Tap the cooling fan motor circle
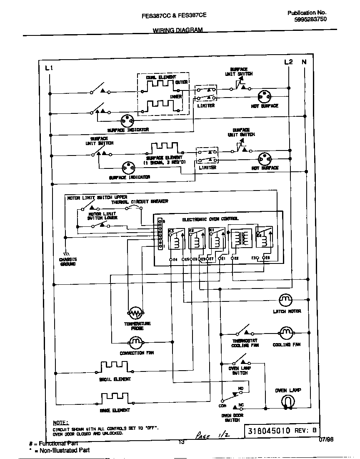[x=285, y=333]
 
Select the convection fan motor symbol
[x=135, y=343]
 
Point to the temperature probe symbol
[x=135, y=313]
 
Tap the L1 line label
[x=48, y=68]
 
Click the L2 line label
[x=288, y=62]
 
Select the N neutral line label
[x=305, y=62]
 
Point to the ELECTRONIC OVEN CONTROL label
[x=210, y=219]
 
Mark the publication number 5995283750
[x=310, y=20]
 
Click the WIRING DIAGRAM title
[x=177, y=30]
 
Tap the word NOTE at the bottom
[x=60, y=423]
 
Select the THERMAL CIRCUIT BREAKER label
[x=139, y=201]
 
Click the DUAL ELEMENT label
[x=161, y=77]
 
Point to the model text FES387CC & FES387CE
[x=174, y=15]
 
